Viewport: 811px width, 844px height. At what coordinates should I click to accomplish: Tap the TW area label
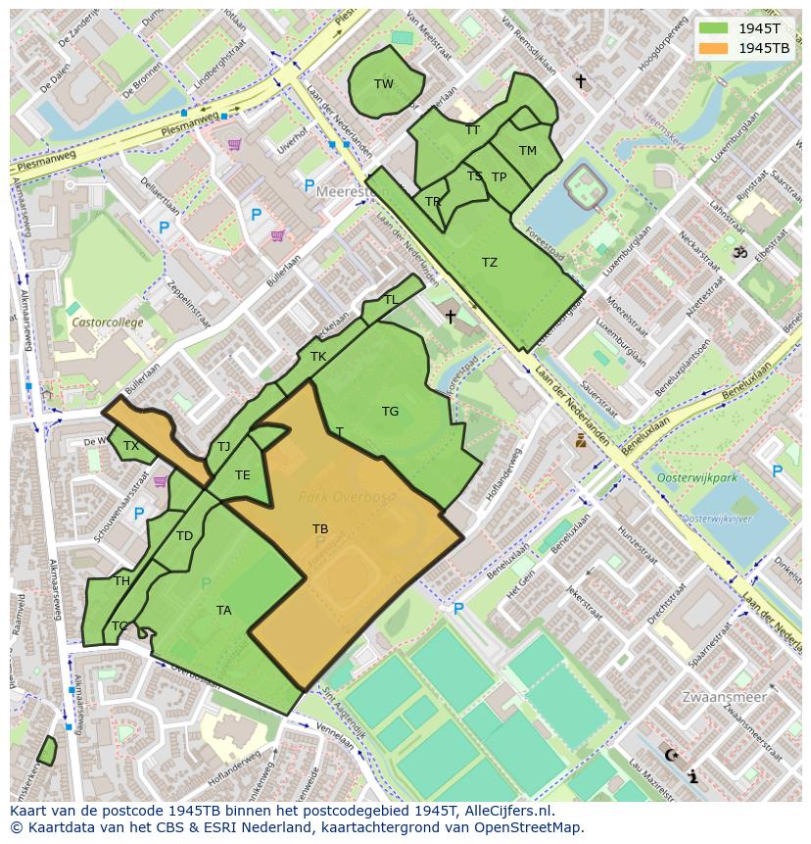click(384, 84)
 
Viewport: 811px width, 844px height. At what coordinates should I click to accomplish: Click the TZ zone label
click(490, 263)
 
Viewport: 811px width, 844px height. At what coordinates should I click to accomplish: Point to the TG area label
click(391, 412)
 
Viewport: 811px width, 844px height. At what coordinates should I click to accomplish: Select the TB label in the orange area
click(320, 529)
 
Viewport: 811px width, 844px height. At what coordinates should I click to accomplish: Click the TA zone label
click(224, 611)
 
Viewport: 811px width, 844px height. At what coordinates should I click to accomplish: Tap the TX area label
click(131, 446)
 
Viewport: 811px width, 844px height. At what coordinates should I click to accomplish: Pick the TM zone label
click(528, 151)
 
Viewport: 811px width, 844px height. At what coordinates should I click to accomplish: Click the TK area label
click(318, 357)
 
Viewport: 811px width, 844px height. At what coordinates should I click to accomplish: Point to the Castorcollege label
click(107, 323)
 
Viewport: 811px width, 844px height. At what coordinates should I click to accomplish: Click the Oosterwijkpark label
click(696, 477)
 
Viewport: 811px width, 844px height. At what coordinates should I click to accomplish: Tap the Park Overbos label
click(347, 497)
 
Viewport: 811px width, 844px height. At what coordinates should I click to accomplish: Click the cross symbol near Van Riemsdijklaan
click(580, 81)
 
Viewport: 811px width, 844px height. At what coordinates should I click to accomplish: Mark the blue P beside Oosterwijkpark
click(777, 472)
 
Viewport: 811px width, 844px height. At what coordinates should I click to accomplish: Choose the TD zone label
click(184, 536)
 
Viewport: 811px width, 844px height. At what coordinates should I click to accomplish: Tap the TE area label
click(243, 475)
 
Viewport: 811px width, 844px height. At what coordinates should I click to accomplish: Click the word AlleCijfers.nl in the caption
click(508, 811)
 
